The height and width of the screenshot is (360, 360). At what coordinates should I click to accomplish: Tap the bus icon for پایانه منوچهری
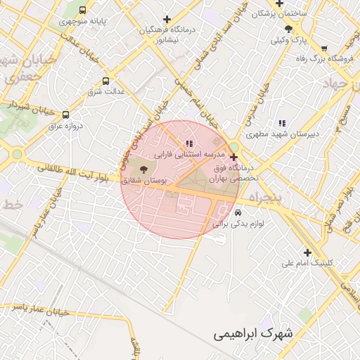[x=83, y=11]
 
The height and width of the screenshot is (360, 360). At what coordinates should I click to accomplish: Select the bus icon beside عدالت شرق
[x=106, y=81]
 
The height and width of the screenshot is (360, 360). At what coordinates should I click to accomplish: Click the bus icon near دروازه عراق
[x=65, y=115]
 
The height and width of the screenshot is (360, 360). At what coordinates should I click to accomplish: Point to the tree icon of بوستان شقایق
[x=144, y=169]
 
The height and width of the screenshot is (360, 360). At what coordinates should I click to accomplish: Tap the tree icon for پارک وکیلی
[x=288, y=29]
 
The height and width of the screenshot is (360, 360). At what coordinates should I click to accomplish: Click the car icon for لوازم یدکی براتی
[x=238, y=212]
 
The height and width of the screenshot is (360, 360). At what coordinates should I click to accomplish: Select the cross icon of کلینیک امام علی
[x=307, y=252]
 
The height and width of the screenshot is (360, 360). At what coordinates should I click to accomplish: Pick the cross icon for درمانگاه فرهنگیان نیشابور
[x=167, y=19]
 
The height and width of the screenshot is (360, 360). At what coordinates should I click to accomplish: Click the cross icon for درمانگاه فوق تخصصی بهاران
[x=234, y=157]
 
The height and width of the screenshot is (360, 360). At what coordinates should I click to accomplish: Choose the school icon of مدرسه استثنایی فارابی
[x=188, y=143]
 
